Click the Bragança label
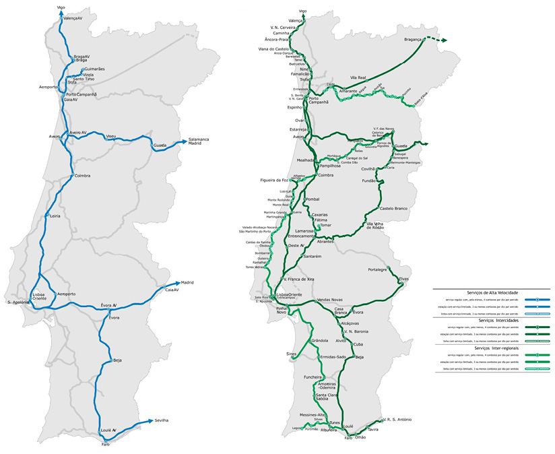[x=412, y=40]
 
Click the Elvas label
[x=403, y=278]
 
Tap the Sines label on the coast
[x=291, y=353]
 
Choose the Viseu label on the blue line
[x=111, y=136]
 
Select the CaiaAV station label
[x=172, y=290]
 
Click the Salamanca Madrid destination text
[x=199, y=141]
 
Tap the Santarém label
[x=316, y=257]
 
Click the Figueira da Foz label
[x=275, y=181]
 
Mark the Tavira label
[x=375, y=429]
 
